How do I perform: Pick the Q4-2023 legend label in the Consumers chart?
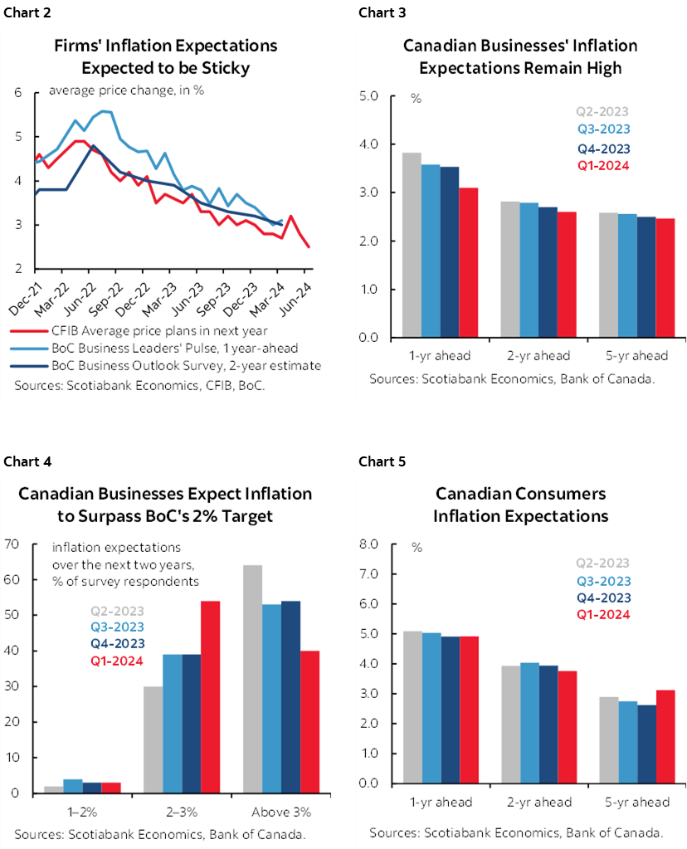point(602,598)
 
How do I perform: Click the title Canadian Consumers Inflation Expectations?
point(521,505)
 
